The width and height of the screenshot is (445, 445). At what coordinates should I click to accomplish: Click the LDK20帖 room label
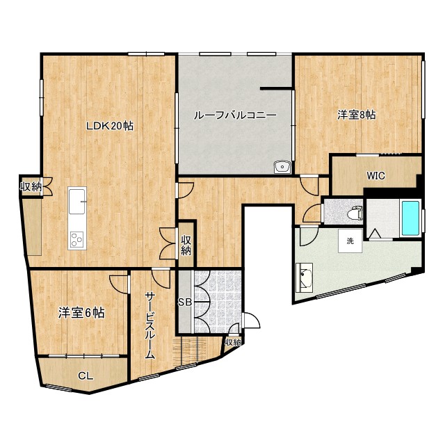point(109,126)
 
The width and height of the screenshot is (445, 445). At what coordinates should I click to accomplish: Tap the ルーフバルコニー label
point(235,115)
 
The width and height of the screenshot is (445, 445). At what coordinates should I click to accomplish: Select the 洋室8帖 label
point(357,115)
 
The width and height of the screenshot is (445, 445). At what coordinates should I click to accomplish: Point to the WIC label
point(376,175)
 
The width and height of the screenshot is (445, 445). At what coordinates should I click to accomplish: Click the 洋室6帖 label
point(81,313)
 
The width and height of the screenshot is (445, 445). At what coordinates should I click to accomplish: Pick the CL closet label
point(85,375)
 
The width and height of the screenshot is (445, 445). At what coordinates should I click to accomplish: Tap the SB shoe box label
point(184,302)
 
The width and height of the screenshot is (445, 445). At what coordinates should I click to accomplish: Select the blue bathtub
point(411,218)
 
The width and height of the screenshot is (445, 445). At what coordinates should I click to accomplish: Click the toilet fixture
point(355,212)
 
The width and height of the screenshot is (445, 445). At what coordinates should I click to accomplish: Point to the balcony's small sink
point(282,167)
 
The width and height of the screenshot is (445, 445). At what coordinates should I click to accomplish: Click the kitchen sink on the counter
point(77,204)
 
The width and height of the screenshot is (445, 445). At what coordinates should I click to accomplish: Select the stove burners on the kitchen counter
point(76,240)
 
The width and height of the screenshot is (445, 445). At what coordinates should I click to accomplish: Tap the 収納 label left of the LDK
point(31,186)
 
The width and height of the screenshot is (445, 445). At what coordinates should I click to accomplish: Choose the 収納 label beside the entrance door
point(233,342)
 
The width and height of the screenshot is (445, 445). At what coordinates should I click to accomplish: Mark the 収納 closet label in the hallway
point(186,245)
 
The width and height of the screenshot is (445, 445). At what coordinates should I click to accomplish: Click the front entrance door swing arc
point(250,321)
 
